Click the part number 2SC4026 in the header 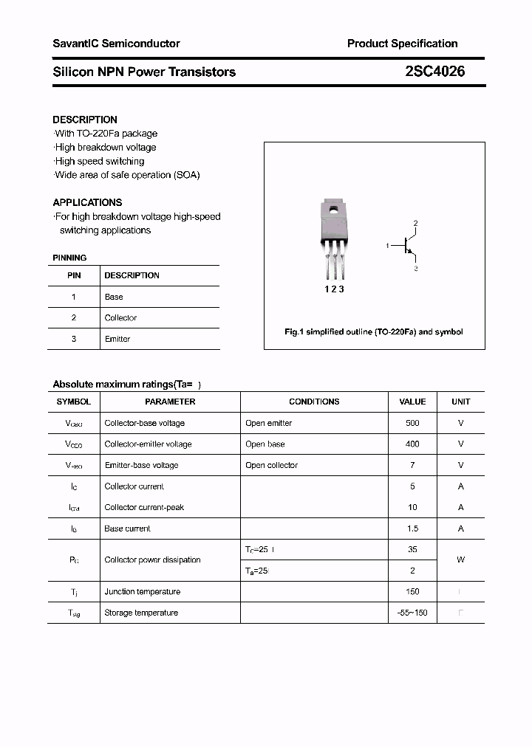pos(434,72)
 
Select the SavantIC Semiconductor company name pos(116,44)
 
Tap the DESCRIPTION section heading pos(85,120)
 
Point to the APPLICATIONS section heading pos(87,202)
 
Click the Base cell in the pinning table pos(114,297)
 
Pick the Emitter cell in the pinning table pos(117,339)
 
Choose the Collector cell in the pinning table pos(120,318)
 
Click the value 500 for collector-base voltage pos(412,423)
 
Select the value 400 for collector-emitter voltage pos(412,444)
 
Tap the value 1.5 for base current pos(412,529)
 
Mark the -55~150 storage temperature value pos(412,613)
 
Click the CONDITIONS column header pos(314,402)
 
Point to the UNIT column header pos(460,402)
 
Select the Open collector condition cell pos(271,465)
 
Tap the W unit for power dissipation pos(460,560)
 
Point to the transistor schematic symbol pos(406,246)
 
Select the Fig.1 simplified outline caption pos(374,332)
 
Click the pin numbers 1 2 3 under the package pos(335,289)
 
